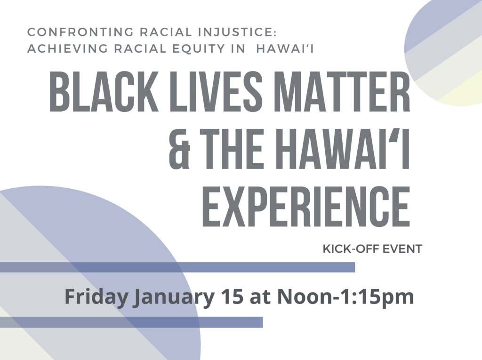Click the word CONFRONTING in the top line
click(x=80, y=32)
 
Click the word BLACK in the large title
click(x=104, y=92)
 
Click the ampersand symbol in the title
click(x=180, y=149)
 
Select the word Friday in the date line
click(x=96, y=297)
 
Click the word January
click(x=173, y=297)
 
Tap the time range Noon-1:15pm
click(x=345, y=297)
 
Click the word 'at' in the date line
click(x=260, y=297)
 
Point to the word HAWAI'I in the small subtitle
click(x=285, y=48)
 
